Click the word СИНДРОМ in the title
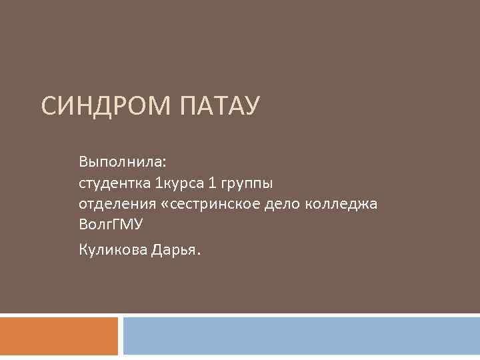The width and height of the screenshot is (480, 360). pyautogui.click(x=105, y=107)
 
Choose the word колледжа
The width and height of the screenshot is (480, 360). pyautogui.click(x=341, y=204)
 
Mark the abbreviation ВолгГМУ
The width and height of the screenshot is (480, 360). pyautogui.click(x=111, y=225)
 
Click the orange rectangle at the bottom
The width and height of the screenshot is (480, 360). pyautogui.click(x=59, y=336)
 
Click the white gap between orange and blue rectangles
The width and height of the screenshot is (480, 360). pyautogui.click(x=121, y=336)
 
